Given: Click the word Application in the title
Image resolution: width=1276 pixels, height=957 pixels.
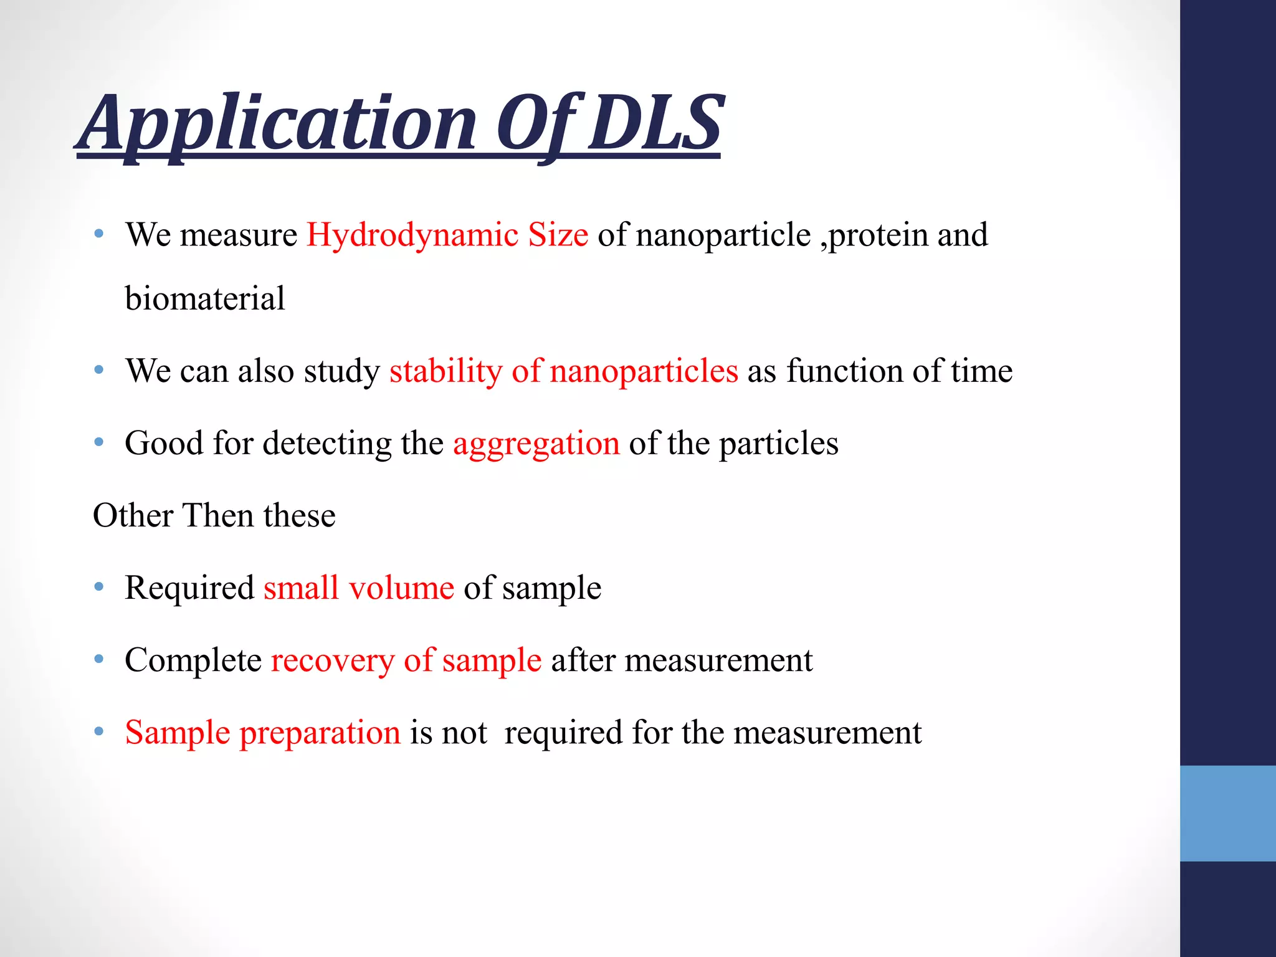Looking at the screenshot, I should point(277,125).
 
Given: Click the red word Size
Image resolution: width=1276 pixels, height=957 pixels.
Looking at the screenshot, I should point(558,235).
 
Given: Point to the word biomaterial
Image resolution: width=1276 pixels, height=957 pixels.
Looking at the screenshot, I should point(205,298).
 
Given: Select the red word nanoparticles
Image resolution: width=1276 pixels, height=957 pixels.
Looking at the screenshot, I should point(644,371).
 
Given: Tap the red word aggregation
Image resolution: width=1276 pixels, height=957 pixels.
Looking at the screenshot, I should point(536,444).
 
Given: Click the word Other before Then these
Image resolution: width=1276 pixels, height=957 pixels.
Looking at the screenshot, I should point(133,516).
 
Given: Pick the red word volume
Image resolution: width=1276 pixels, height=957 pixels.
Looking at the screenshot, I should point(401,588).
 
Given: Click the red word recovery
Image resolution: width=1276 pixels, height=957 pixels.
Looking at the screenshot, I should point(333,661).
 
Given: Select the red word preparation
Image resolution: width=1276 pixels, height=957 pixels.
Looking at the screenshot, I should point(320,733).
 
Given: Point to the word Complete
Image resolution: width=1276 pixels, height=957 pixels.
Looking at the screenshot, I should point(193,661).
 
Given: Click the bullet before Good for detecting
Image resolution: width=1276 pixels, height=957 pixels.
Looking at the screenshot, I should point(99,442).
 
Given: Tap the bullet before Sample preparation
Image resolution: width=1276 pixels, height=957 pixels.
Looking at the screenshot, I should point(99,731).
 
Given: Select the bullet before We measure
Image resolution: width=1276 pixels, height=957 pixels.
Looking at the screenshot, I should point(99,234).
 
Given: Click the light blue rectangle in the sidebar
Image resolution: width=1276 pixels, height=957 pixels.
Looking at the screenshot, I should point(1227,813).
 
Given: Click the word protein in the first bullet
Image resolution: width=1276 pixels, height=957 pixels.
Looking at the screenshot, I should point(878,236).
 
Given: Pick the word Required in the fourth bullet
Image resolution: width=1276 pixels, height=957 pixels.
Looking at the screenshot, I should point(189,588).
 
